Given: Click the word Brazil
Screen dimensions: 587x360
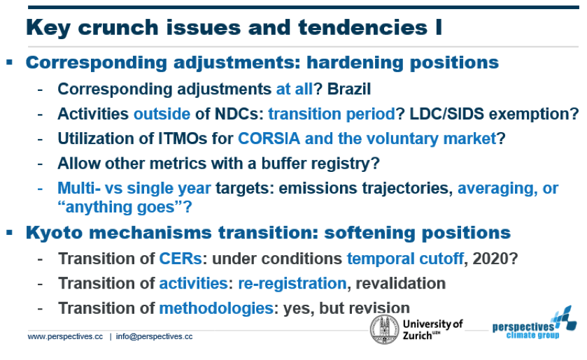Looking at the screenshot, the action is pyautogui.click(x=349, y=89).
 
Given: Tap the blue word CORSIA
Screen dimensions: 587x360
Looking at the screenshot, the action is pyautogui.click(x=269, y=138).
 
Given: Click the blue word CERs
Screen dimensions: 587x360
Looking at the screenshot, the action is pyautogui.click(x=181, y=259).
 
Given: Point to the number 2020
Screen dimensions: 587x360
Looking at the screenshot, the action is pyautogui.click(x=490, y=259).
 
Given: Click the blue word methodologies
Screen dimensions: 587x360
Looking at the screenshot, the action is pyautogui.click(x=216, y=308).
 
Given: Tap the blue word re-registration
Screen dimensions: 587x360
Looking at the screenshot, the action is pyautogui.click(x=292, y=284).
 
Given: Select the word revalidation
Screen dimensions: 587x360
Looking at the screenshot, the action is pyautogui.click(x=401, y=283).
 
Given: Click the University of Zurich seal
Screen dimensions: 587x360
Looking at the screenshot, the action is pyautogui.click(x=385, y=329).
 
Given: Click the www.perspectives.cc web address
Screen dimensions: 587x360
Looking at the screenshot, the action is pyautogui.click(x=65, y=336).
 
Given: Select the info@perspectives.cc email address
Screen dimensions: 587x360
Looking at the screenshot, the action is pyautogui.click(x=154, y=336).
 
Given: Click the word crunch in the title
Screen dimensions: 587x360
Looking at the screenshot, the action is pyautogui.click(x=118, y=27).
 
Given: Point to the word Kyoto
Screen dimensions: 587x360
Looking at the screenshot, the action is pyautogui.click(x=54, y=233).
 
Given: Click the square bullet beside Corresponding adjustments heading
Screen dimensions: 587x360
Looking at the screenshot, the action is pyautogui.click(x=10, y=62).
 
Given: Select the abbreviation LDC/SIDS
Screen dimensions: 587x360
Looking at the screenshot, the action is pyautogui.click(x=447, y=114).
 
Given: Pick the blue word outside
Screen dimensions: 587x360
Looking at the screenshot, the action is pyautogui.click(x=162, y=114).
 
